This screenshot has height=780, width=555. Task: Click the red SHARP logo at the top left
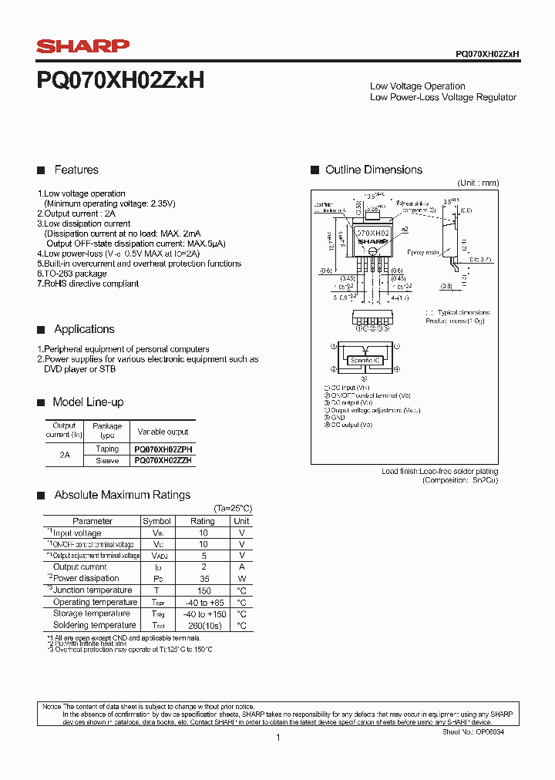click(82, 46)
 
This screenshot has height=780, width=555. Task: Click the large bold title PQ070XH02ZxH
click(121, 81)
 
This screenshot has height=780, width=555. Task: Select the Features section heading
click(76, 170)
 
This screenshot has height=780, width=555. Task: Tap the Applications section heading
click(84, 329)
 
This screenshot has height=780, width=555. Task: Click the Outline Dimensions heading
click(374, 170)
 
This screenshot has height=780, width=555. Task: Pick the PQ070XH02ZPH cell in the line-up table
click(163, 449)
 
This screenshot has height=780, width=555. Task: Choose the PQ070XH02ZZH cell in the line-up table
click(163, 460)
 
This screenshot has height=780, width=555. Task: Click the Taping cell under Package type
click(107, 449)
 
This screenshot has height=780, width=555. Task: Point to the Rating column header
click(203, 521)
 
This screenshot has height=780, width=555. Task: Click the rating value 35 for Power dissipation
click(203, 578)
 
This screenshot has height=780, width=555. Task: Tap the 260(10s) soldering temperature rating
click(203, 625)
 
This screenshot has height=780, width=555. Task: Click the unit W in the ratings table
click(241, 578)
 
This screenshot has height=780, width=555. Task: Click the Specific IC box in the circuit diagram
click(367, 361)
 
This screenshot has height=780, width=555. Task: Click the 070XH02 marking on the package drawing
click(373, 232)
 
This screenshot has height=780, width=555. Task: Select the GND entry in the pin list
click(339, 417)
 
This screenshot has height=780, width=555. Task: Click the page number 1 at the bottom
click(277, 738)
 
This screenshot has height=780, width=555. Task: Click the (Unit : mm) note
click(478, 183)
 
